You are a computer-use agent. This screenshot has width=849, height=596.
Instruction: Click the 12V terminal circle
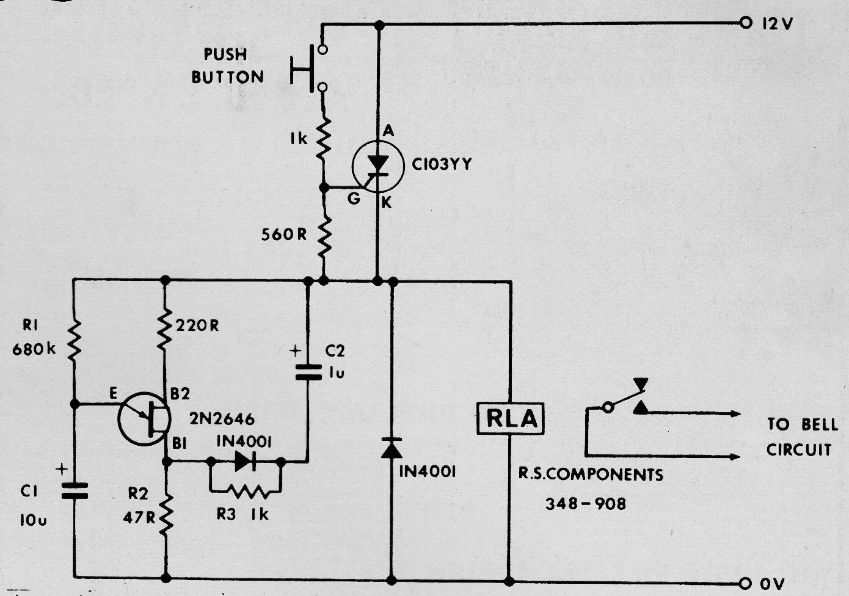(x=745, y=23)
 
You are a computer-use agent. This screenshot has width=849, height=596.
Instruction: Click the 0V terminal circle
(x=745, y=583)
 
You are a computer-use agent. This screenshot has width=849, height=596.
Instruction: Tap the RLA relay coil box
(x=510, y=418)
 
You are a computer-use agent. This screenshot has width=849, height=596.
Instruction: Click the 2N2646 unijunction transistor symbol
(x=144, y=418)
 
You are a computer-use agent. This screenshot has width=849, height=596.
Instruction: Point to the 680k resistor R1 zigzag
(x=75, y=340)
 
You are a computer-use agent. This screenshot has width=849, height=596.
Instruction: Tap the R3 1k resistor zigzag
(x=249, y=492)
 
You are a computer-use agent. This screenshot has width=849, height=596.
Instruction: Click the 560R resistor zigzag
(x=324, y=236)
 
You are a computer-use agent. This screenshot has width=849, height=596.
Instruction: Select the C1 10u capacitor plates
(x=75, y=491)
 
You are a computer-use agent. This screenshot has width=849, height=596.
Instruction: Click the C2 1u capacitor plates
(x=308, y=372)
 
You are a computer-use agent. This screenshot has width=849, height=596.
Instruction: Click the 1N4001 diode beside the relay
(x=392, y=448)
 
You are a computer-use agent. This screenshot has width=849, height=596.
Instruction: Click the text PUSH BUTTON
(x=227, y=66)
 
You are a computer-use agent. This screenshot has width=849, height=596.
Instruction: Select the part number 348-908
(x=586, y=504)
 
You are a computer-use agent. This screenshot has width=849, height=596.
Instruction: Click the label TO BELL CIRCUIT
(x=802, y=437)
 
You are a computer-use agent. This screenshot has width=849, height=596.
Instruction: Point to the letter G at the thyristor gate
(x=354, y=198)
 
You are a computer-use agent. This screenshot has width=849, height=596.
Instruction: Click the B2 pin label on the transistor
(x=180, y=394)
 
